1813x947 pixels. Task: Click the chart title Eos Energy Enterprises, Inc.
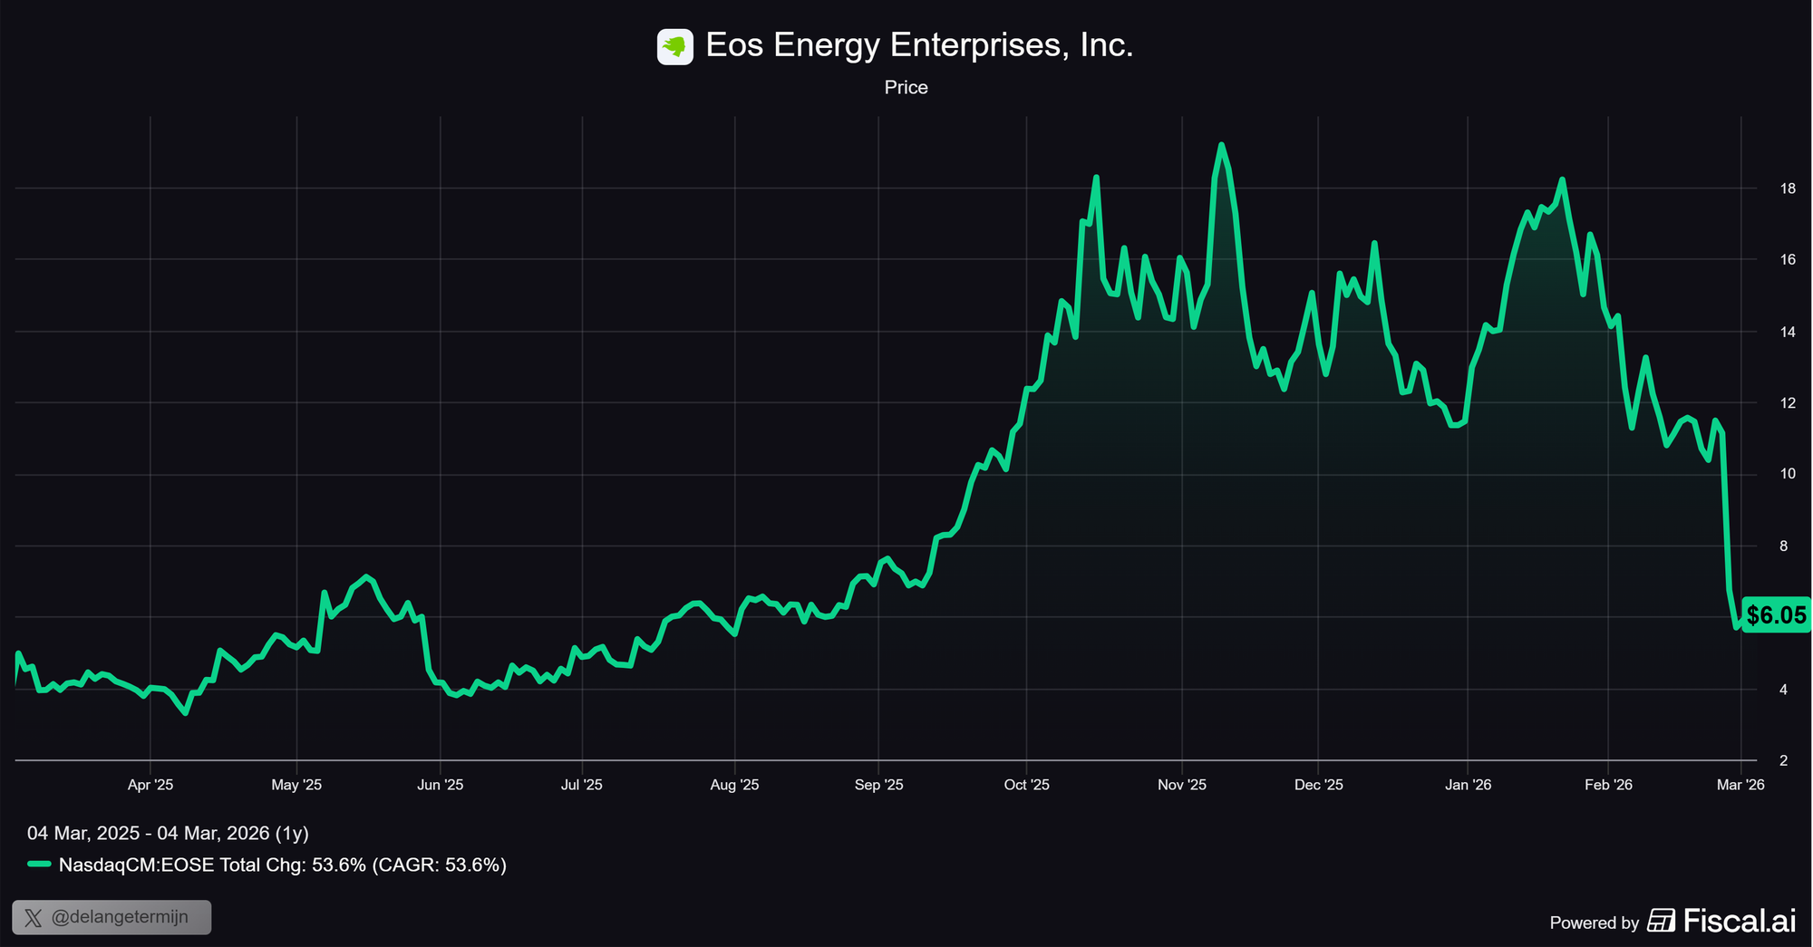tap(919, 45)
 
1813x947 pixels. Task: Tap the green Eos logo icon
tap(674, 46)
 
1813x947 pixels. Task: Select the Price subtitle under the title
tap(906, 88)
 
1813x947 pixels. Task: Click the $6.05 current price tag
tap(1776, 615)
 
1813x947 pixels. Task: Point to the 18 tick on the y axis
tap(1788, 188)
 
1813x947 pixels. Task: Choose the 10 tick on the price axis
tap(1788, 474)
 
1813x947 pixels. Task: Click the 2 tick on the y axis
tap(1784, 760)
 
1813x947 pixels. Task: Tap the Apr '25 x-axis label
tap(150, 785)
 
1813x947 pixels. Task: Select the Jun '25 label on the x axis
tap(440, 785)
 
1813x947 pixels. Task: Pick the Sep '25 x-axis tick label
tap(878, 785)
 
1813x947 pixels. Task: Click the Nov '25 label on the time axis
tap(1182, 785)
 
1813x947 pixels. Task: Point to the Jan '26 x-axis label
tap(1468, 785)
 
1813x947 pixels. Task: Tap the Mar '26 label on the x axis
tap(1740, 785)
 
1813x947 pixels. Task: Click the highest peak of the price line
tap(1221, 145)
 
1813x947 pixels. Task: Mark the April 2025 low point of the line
tap(185, 713)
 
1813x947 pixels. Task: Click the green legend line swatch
tap(39, 865)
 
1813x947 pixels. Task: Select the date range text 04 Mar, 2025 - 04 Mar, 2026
tap(168, 833)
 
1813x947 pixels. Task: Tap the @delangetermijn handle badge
tap(111, 917)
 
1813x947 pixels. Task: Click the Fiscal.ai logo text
tap(1739, 922)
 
